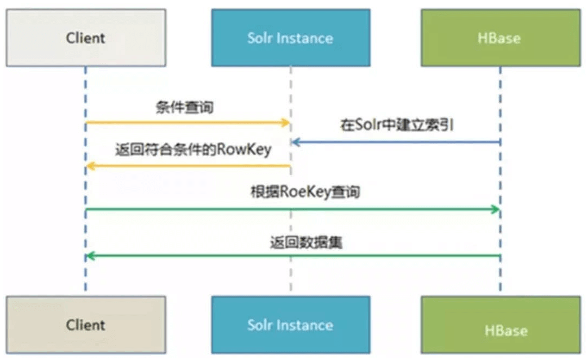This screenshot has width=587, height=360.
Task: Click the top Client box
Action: [x=86, y=38]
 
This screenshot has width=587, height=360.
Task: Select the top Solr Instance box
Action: [x=290, y=38]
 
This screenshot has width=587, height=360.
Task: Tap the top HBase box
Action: [x=501, y=38]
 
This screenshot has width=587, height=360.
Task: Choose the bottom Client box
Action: [x=86, y=325]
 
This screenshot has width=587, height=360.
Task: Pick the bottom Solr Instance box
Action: [x=290, y=325]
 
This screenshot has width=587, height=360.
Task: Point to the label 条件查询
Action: [x=184, y=107]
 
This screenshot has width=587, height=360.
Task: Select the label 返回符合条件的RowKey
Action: [x=193, y=150]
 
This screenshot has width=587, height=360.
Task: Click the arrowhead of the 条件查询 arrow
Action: [x=287, y=123]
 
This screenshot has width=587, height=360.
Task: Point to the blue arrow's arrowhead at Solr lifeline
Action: [x=295, y=142]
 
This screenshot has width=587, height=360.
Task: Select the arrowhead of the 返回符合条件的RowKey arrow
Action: [x=90, y=166]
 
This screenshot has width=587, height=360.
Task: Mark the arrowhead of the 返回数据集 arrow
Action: [x=90, y=256]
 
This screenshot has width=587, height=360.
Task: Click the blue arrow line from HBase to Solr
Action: [x=397, y=142]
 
